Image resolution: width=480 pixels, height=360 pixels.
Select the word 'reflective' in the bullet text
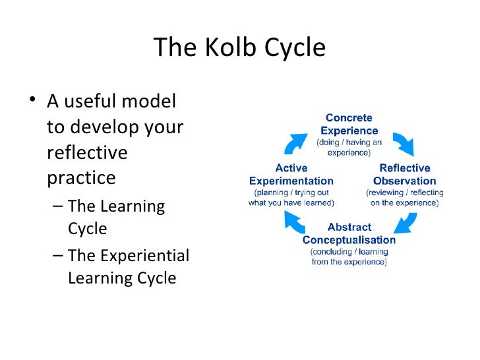(x=87, y=152)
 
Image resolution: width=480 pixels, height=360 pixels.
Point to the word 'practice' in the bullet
(x=81, y=178)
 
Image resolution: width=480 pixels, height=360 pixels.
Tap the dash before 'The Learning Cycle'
(x=57, y=206)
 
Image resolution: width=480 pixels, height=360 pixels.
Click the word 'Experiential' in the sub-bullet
(x=146, y=255)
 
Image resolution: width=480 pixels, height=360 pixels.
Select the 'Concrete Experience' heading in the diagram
(x=349, y=125)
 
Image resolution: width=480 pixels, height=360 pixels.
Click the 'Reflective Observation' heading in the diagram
(x=405, y=174)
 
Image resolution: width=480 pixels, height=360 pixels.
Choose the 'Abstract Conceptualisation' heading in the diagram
(x=349, y=233)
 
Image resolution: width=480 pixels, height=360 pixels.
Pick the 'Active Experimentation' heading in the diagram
(x=291, y=174)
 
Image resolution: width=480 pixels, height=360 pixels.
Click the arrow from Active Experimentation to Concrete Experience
(x=296, y=141)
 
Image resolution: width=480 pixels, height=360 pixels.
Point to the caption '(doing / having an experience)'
(x=349, y=146)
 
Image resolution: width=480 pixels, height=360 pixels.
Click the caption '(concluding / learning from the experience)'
(x=349, y=256)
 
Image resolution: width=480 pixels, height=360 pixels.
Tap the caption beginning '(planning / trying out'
(x=291, y=198)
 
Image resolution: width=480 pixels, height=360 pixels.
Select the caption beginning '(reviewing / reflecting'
(x=405, y=198)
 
